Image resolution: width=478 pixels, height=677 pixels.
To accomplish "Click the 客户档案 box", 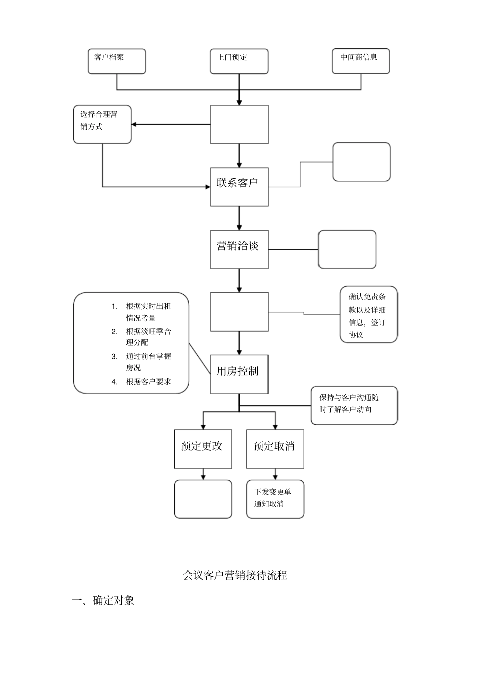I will point(117,61).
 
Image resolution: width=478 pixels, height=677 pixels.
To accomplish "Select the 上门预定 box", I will point(239,61).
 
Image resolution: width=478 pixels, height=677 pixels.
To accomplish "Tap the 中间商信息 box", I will point(361,61).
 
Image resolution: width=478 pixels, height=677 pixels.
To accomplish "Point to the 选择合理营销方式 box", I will point(102,124).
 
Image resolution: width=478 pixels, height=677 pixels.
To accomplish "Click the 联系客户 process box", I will point(239,187).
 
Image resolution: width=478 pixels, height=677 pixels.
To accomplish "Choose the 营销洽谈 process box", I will point(239,249).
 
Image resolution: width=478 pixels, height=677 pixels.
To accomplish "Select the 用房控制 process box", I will point(239,374).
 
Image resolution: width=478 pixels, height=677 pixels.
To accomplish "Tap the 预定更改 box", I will point(203,448).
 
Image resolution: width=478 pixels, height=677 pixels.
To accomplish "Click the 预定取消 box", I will point(275,448).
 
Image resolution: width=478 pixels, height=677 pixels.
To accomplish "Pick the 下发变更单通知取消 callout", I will point(275,499).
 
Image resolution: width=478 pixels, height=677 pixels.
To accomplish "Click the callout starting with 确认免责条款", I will point(368,315).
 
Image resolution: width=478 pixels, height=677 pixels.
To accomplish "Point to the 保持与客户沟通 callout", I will point(354,405).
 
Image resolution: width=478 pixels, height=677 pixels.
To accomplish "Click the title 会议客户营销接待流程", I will point(235,575).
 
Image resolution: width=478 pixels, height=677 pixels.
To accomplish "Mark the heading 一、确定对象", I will point(103,600).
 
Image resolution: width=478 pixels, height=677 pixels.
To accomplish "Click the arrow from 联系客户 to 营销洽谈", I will point(239,218).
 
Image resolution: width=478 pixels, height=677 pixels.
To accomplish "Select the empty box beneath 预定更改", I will point(203,499).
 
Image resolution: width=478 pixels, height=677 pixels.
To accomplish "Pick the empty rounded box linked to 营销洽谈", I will point(347,249).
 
